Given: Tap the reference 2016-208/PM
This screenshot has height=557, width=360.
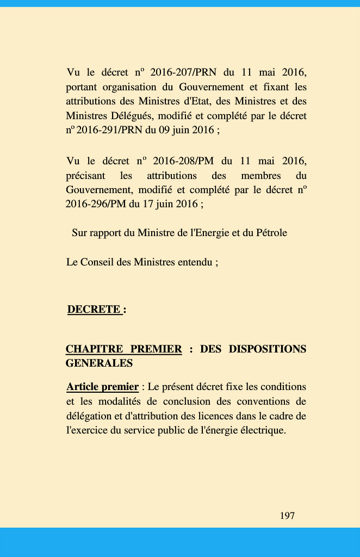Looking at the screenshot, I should pyautogui.click(x=182, y=161).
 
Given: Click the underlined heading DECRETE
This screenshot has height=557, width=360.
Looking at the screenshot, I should pyautogui.click(x=94, y=310).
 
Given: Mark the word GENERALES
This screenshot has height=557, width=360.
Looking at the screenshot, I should pyautogui.click(x=99, y=363).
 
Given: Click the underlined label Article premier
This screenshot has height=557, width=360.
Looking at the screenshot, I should pyautogui.click(x=102, y=387).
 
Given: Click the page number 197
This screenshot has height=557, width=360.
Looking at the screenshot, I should pyautogui.click(x=287, y=516).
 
